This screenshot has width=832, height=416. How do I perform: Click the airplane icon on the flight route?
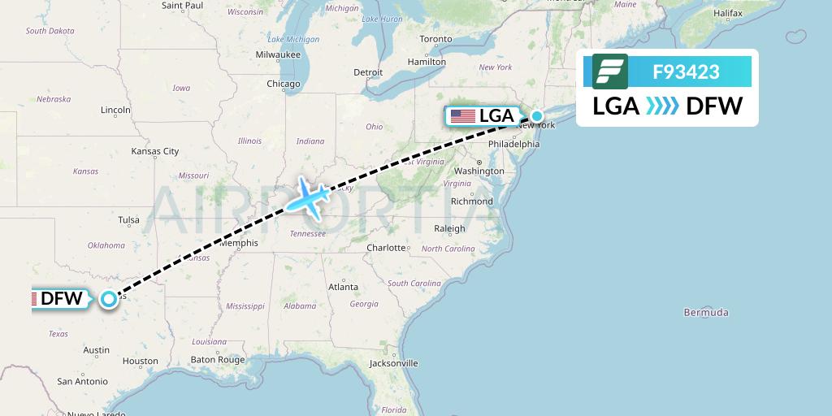click(x=306, y=197)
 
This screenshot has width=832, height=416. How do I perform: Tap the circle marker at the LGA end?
click(x=537, y=115)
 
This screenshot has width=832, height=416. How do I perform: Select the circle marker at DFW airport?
click(x=109, y=299)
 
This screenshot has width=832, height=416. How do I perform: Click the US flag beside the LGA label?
click(x=463, y=116)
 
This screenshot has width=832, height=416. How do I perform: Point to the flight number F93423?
click(x=686, y=71)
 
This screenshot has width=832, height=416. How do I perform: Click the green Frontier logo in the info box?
click(x=610, y=71)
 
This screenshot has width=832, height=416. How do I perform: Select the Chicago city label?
click(x=284, y=84)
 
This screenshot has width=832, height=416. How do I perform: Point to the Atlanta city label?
click(x=343, y=287)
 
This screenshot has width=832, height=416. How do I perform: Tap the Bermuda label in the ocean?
click(x=706, y=313)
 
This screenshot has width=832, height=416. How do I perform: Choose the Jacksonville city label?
click(x=393, y=363)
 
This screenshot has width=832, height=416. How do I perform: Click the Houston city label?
click(x=141, y=361)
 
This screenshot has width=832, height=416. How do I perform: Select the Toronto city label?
click(x=435, y=39)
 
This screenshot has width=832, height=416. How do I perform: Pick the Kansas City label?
click(x=155, y=151)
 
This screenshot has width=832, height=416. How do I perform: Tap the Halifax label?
click(x=727, y=14)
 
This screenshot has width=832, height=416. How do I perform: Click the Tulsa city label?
click(x=128, y=219)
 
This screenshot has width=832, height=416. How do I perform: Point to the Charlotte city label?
click(x=386, y=248)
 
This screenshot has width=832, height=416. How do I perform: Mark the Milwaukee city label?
click(x=278, y=54)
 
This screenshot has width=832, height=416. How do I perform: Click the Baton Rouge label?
click(x=218, y=360)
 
